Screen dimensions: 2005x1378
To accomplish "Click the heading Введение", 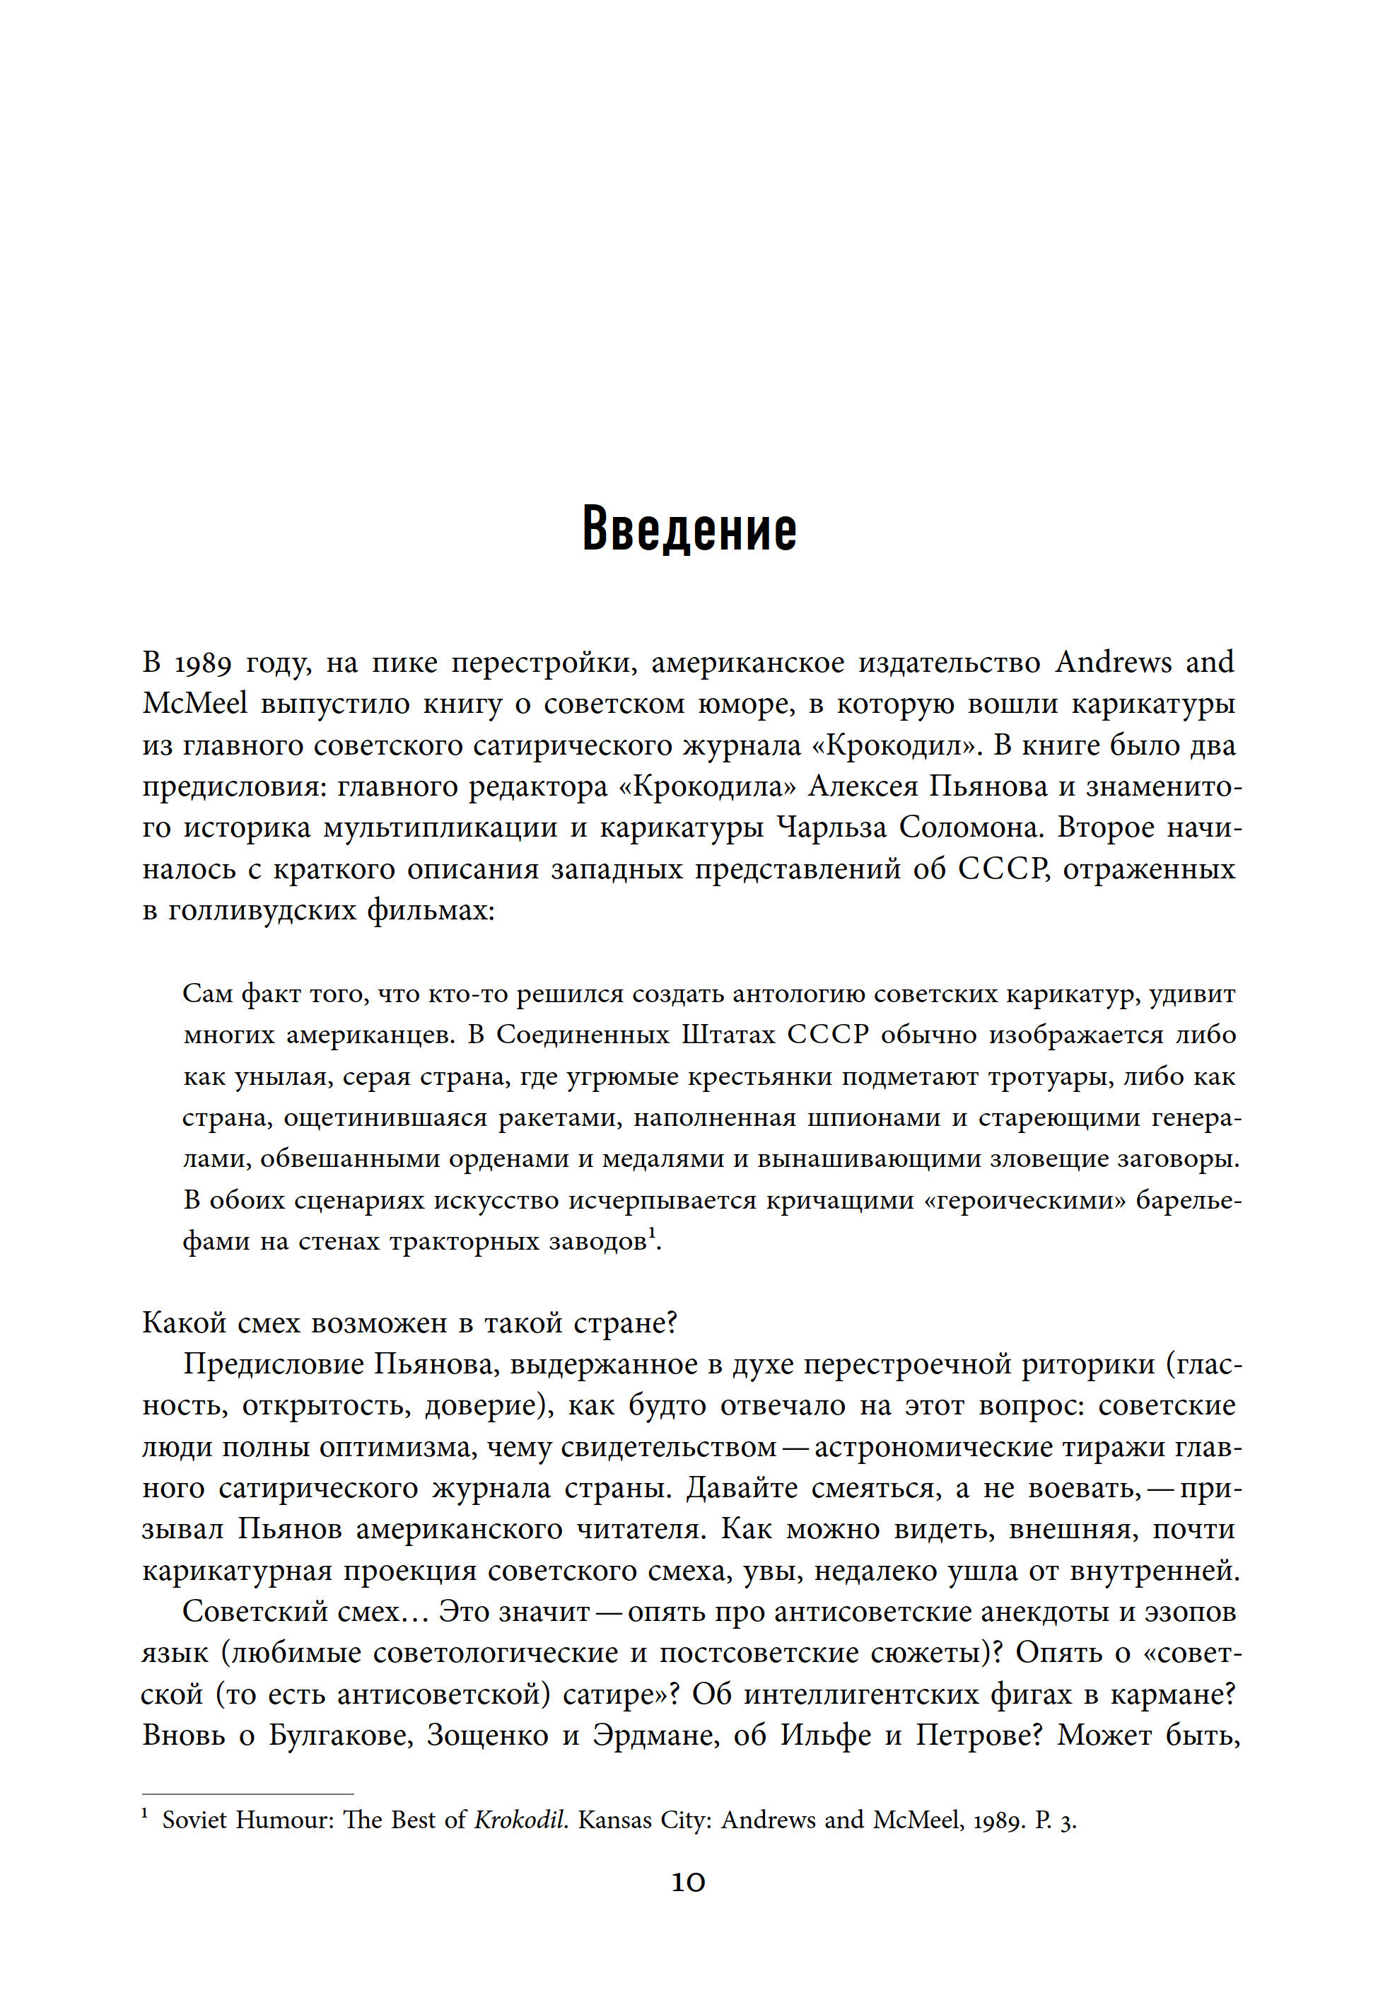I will coord(689,529).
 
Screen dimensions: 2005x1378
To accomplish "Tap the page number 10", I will coord(688,1883).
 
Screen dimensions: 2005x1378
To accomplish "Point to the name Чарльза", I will coord(831,828).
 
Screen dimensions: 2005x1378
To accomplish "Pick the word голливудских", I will coord(262,911).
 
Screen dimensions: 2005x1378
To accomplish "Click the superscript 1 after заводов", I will coord(653,1235).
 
